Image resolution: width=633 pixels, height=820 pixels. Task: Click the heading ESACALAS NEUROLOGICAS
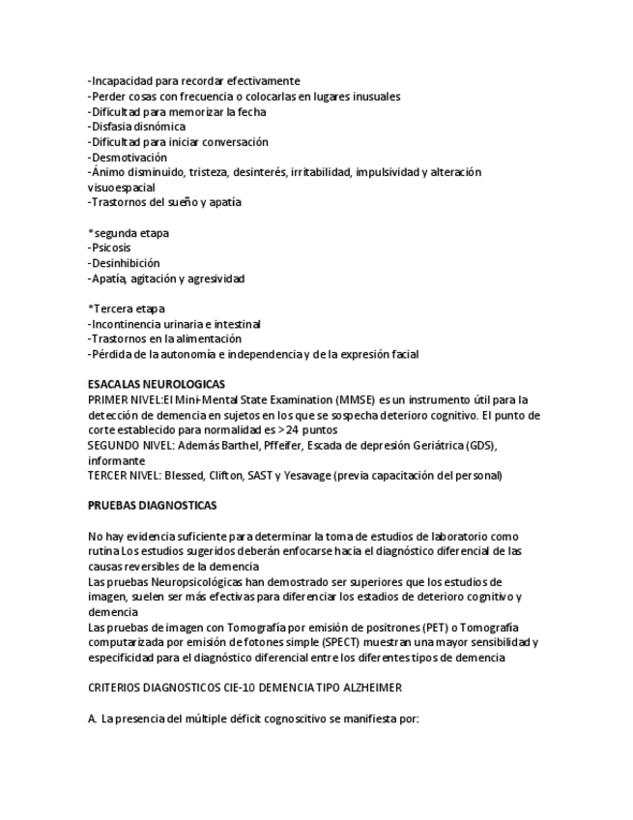coord(157,384)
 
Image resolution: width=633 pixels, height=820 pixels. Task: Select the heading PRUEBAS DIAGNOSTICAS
coord(152,505)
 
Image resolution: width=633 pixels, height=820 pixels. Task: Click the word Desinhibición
coord(125,263)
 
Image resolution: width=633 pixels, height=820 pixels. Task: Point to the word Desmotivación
coord(129,157)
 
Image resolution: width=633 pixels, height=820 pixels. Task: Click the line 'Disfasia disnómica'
coord(136,127)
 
